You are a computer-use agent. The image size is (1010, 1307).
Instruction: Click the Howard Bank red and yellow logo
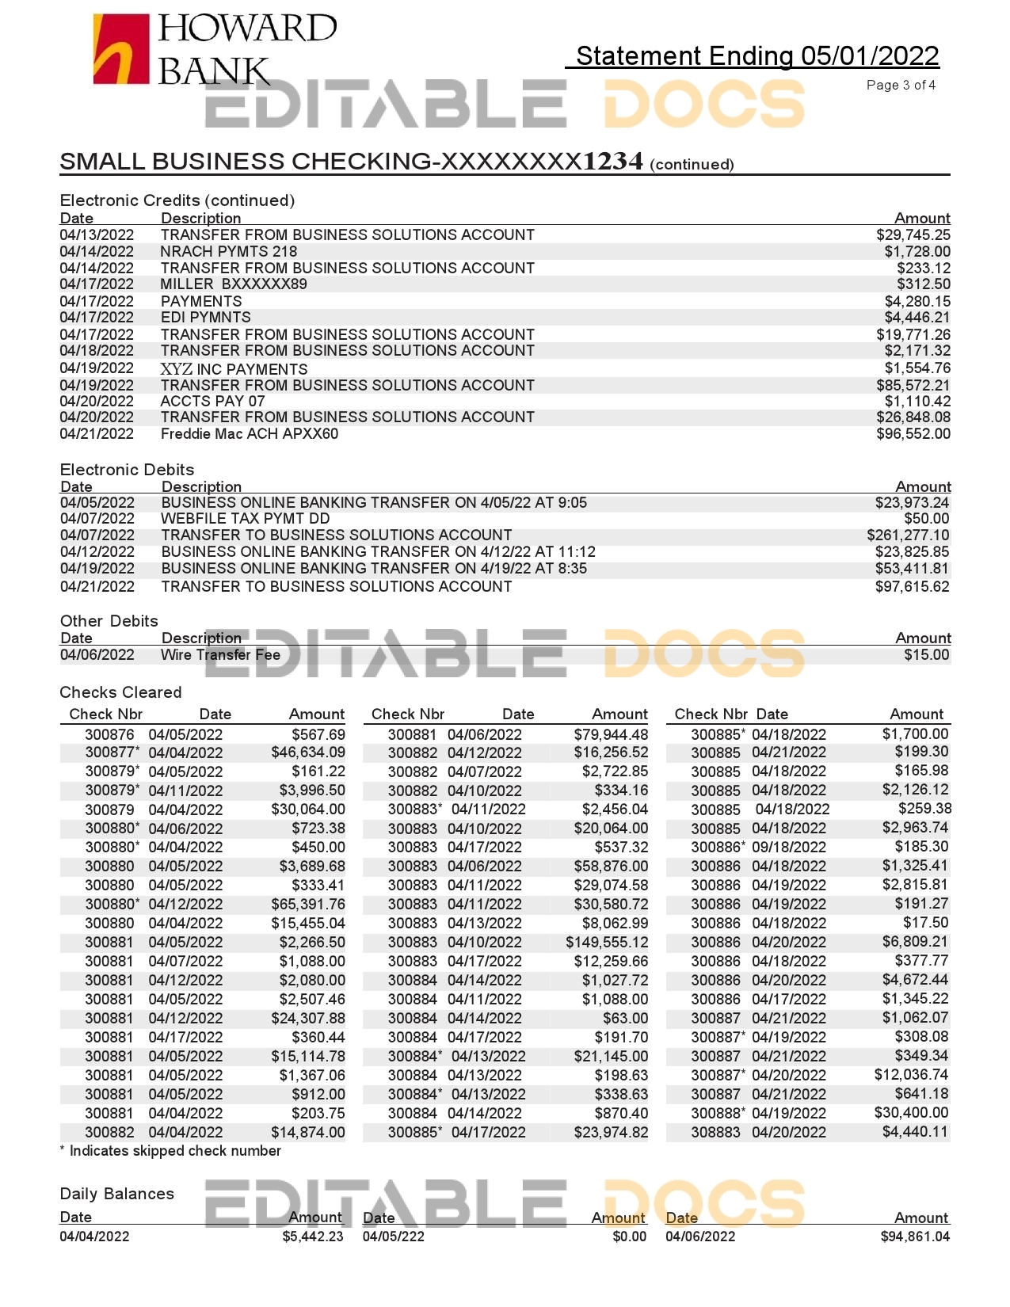[121, 49]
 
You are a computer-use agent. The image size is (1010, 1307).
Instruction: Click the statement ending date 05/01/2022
[869, 56]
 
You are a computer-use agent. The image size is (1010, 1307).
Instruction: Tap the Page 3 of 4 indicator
[901, 85]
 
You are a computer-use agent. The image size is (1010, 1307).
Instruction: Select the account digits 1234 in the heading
[612, 162]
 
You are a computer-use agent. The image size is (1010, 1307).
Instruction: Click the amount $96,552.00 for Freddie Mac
[913, 434]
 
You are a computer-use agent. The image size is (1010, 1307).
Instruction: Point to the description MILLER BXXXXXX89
[234, 284]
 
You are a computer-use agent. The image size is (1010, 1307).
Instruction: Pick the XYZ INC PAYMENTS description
[234, 369]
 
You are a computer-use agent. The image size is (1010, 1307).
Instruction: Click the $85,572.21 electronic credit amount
[913, 386]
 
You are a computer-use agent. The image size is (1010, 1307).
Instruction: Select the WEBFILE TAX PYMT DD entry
[245, 519]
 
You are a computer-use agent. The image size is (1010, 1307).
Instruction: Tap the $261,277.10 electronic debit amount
[908, 535]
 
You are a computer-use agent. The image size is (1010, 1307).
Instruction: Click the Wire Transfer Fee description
[220, 655]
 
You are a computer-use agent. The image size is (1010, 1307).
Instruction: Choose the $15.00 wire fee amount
[926, 655]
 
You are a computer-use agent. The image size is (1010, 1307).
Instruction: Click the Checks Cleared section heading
[120, 692]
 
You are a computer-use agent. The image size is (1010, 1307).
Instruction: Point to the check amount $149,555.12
[607, 943]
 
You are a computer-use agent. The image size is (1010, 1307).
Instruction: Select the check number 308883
[715, 1133]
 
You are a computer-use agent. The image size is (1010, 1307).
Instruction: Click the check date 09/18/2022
[788, 848]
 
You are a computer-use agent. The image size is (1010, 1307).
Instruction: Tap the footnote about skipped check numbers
[170, 1151]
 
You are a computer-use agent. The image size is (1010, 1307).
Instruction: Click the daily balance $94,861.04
[915, 1237]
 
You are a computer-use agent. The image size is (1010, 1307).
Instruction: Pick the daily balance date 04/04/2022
[94, 1237]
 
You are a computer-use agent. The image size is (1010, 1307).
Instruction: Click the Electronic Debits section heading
[127, 470]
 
